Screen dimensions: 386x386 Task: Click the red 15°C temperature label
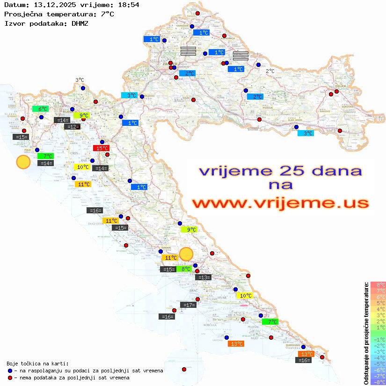pyautogui.click(x=101, y=148)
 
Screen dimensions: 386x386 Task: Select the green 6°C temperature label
pyautogui.click(x=40, y=109)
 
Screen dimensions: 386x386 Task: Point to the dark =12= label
pyautogui.click(x=72, y=127)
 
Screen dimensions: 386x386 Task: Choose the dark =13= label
pyautogui.click(x=204, y=277)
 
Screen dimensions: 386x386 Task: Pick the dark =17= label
pyautogui.click(x=188, y=305)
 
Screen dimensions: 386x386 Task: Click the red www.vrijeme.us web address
pyautogui.click(x=280, y=203)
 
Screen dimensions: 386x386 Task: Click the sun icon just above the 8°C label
pyautogui.click(x=186, y=254)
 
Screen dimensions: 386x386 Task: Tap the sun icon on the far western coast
pyautogui.click(x=23, y=162)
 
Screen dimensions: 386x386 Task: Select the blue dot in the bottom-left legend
pyautogui.click(x=10, y=371)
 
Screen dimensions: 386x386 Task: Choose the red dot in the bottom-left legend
pyautogui.click(x=10, y=378)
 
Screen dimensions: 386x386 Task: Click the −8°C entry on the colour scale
pyautogui.click(x=378, y=382)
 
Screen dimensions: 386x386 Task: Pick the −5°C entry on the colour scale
pyautogui.click(x=378, y=364)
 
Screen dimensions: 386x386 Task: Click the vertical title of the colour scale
pyautogui.click(x=366, y=333)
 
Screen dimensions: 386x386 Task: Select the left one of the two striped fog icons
pyautogui.click(x=188, y=51)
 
